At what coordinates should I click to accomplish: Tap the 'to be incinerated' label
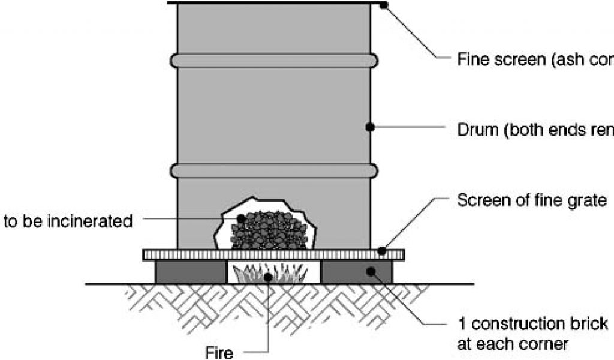tap(68, 221)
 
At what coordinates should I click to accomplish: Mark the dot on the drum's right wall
tap(370, 127)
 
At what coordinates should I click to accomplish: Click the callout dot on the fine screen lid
tap(384, 5)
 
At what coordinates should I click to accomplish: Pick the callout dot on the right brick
tap(372, 272)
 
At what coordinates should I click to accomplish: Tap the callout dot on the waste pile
tap(241, 219)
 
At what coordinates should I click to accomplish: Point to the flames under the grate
tap(273, 273)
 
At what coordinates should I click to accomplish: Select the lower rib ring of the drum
tap(274, 171)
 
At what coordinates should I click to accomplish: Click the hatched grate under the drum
tap(273, 254)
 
